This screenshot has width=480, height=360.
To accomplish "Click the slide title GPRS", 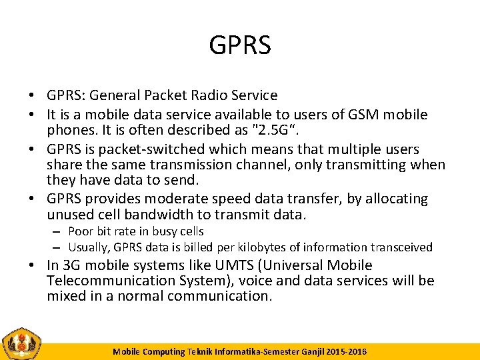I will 240,45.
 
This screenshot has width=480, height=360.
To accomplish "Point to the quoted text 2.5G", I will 279,130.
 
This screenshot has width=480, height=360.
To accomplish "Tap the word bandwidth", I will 167,215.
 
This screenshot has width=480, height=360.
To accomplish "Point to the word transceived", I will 400,247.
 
